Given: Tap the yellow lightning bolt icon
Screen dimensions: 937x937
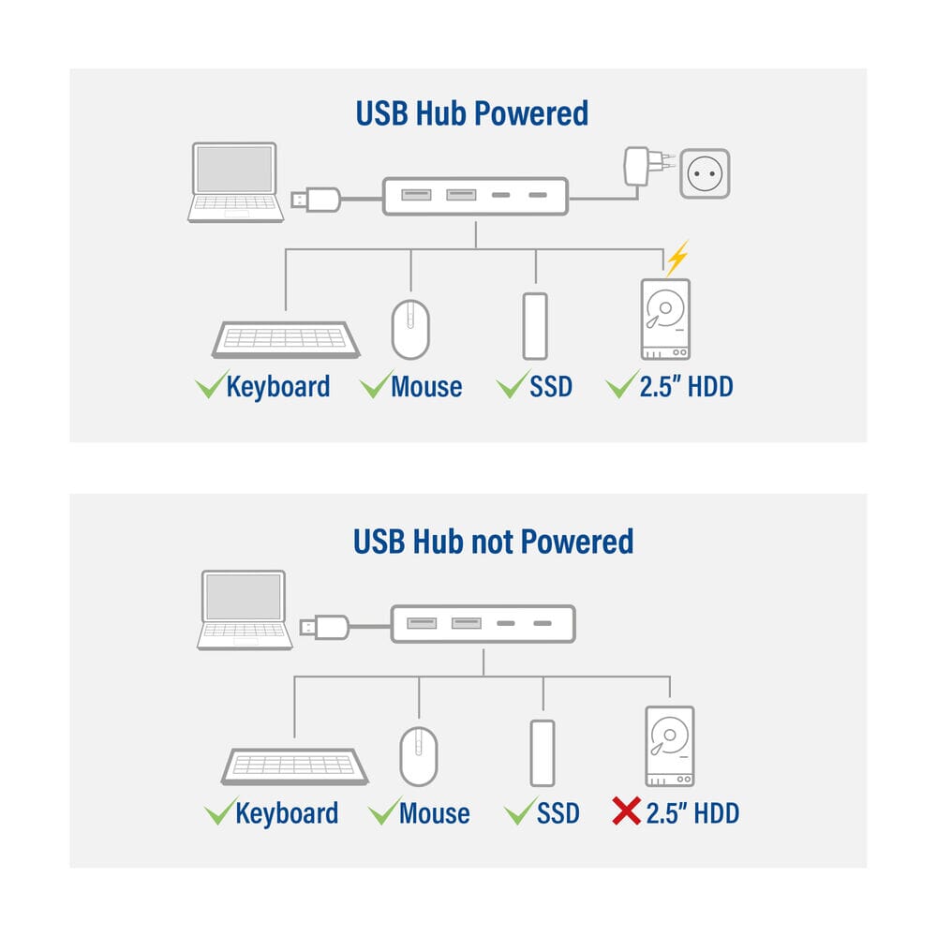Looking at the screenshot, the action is pos(677,258).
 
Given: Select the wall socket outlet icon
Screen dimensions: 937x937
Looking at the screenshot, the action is pos(705,173).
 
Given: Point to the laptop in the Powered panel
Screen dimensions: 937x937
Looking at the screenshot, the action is pos(235,183).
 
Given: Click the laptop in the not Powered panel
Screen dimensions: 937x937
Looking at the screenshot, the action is pos(245,610).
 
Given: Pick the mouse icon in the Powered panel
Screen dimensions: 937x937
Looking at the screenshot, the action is pos(410,329).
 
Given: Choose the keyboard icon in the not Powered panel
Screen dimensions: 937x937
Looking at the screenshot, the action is pos(294,766).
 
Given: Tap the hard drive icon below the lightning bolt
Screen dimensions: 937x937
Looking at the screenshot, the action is pos(665,320).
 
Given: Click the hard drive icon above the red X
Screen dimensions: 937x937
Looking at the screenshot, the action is pos(669,747).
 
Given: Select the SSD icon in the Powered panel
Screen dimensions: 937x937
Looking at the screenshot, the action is pos(535,326).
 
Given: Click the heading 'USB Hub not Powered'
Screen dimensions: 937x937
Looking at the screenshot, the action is pos(493,542).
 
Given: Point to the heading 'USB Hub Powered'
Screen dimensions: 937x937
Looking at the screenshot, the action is pos(471,113).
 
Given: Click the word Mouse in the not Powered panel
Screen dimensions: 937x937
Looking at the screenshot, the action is pos(435,812).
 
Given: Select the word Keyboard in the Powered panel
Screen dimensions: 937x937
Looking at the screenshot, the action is pos(278,387).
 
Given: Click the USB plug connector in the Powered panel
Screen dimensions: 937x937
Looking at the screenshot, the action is pos(316,199).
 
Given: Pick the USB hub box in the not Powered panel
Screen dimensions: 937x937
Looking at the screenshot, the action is pos(483,624).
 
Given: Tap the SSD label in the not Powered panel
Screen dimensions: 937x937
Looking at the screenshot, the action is pos(558,813).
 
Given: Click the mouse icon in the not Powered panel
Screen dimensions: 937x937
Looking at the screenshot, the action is pos(418,756).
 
